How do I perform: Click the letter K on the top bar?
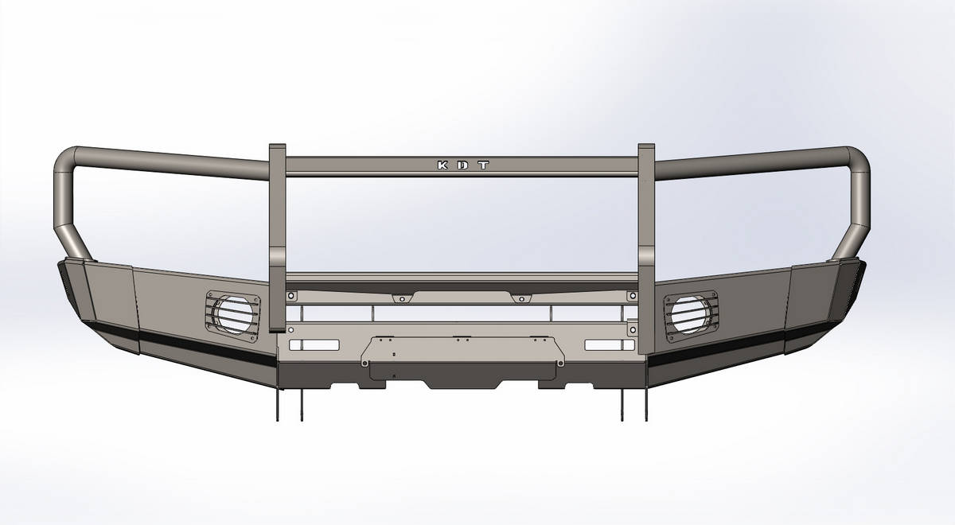tap(443, 165)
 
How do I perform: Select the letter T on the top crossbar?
tap(483, 165)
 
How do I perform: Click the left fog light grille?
tap(232, 317)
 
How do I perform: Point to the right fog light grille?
tap(691, 317)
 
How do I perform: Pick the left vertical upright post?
tap(278, 238)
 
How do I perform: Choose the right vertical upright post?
tap(646, 249)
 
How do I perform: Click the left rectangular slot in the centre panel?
tap(314, 345)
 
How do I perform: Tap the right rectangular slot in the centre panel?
tap(610, 345)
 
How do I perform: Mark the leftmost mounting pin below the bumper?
tap(278, 404)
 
